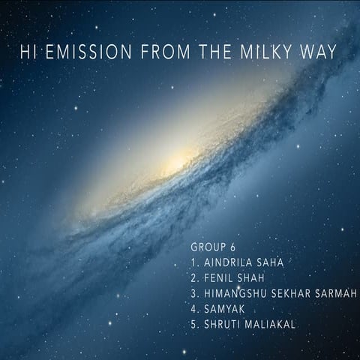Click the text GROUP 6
click(214, 247)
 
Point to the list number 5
click(194, 323)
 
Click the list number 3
click(194, 293)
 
